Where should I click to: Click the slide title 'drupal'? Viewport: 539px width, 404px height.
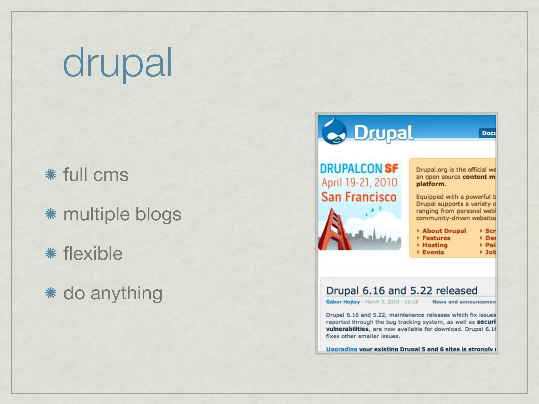117,63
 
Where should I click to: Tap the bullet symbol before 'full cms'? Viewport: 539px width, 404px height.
51,175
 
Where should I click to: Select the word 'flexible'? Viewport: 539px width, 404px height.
93,254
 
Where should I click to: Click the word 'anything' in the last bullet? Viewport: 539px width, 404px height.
126,293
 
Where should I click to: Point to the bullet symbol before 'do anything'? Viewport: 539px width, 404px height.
51,293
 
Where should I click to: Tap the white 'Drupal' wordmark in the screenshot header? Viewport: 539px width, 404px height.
383,133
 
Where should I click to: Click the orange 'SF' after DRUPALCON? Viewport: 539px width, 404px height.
391,169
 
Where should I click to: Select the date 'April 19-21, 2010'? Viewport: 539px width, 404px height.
359,183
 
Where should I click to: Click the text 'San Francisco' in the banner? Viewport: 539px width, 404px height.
359,197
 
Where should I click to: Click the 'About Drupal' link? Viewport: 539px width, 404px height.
444,231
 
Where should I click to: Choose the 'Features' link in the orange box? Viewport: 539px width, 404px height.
436,238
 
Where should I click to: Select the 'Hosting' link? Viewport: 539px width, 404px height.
435,245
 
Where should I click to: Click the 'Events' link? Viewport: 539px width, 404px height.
433,252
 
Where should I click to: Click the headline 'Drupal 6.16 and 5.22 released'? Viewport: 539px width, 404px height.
402,291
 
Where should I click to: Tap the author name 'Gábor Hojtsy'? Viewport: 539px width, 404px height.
343,302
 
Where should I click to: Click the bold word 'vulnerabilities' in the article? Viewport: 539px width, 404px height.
347,329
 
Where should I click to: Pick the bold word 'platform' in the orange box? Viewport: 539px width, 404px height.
430,184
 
